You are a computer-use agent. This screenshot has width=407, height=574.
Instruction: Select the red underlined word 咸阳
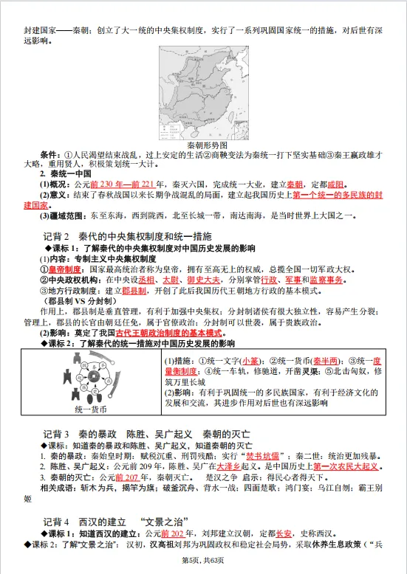[x=314, y=184]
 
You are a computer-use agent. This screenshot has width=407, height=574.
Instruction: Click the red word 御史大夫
[x=202, y=280]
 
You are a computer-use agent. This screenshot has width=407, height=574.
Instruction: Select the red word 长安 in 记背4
[x=283, y=533]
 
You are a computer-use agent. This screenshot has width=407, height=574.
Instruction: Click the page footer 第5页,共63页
[x=203, y=564]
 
